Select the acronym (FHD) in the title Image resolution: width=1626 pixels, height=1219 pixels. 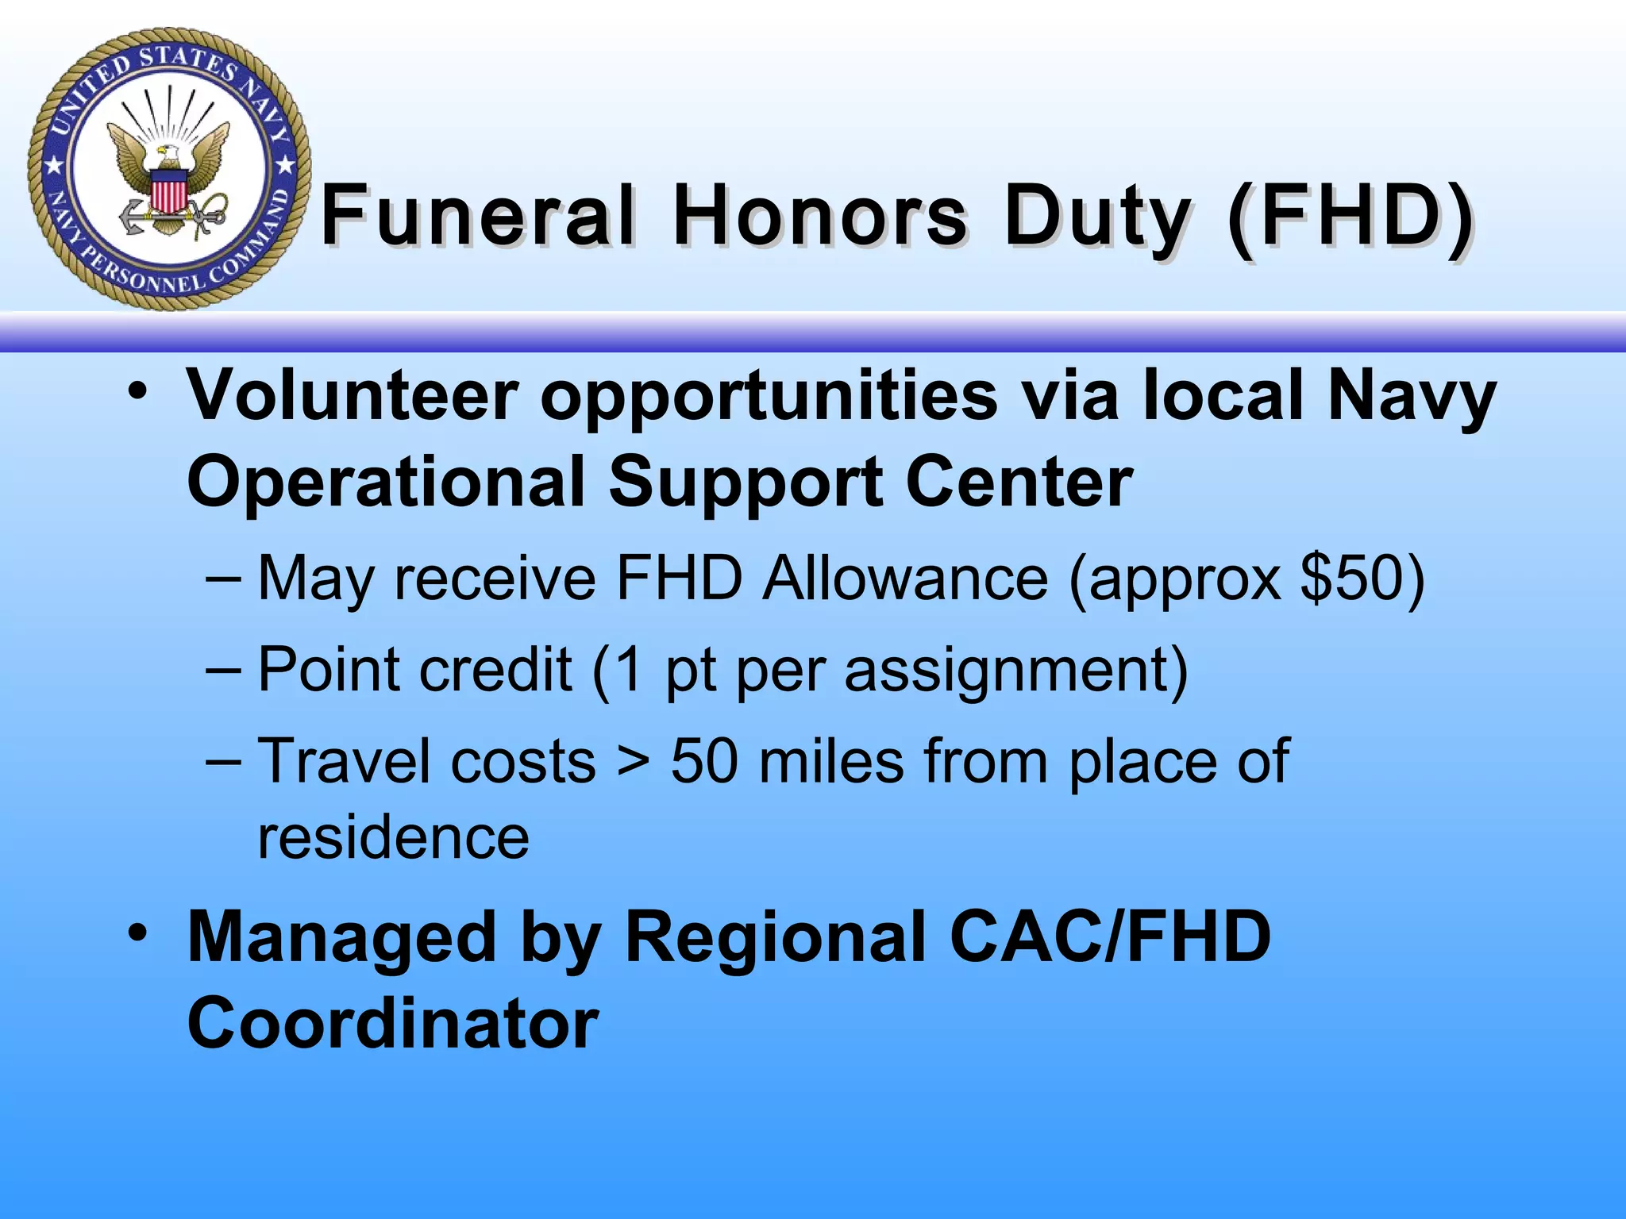(1350, 216)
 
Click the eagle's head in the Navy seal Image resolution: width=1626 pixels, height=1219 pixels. (169, 152)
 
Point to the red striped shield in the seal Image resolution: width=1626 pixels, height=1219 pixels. (168, 193)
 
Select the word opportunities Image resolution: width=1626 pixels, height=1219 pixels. (769, 397)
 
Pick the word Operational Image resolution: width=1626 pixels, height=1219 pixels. (387, 483)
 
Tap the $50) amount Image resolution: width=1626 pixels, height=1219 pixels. (1362, 579)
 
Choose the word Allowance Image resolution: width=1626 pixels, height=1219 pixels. (905, 577)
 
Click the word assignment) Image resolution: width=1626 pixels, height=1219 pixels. (1016, 671)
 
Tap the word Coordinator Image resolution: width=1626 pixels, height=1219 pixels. (393, 1023)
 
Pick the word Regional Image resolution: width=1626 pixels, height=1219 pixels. (776, 939)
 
